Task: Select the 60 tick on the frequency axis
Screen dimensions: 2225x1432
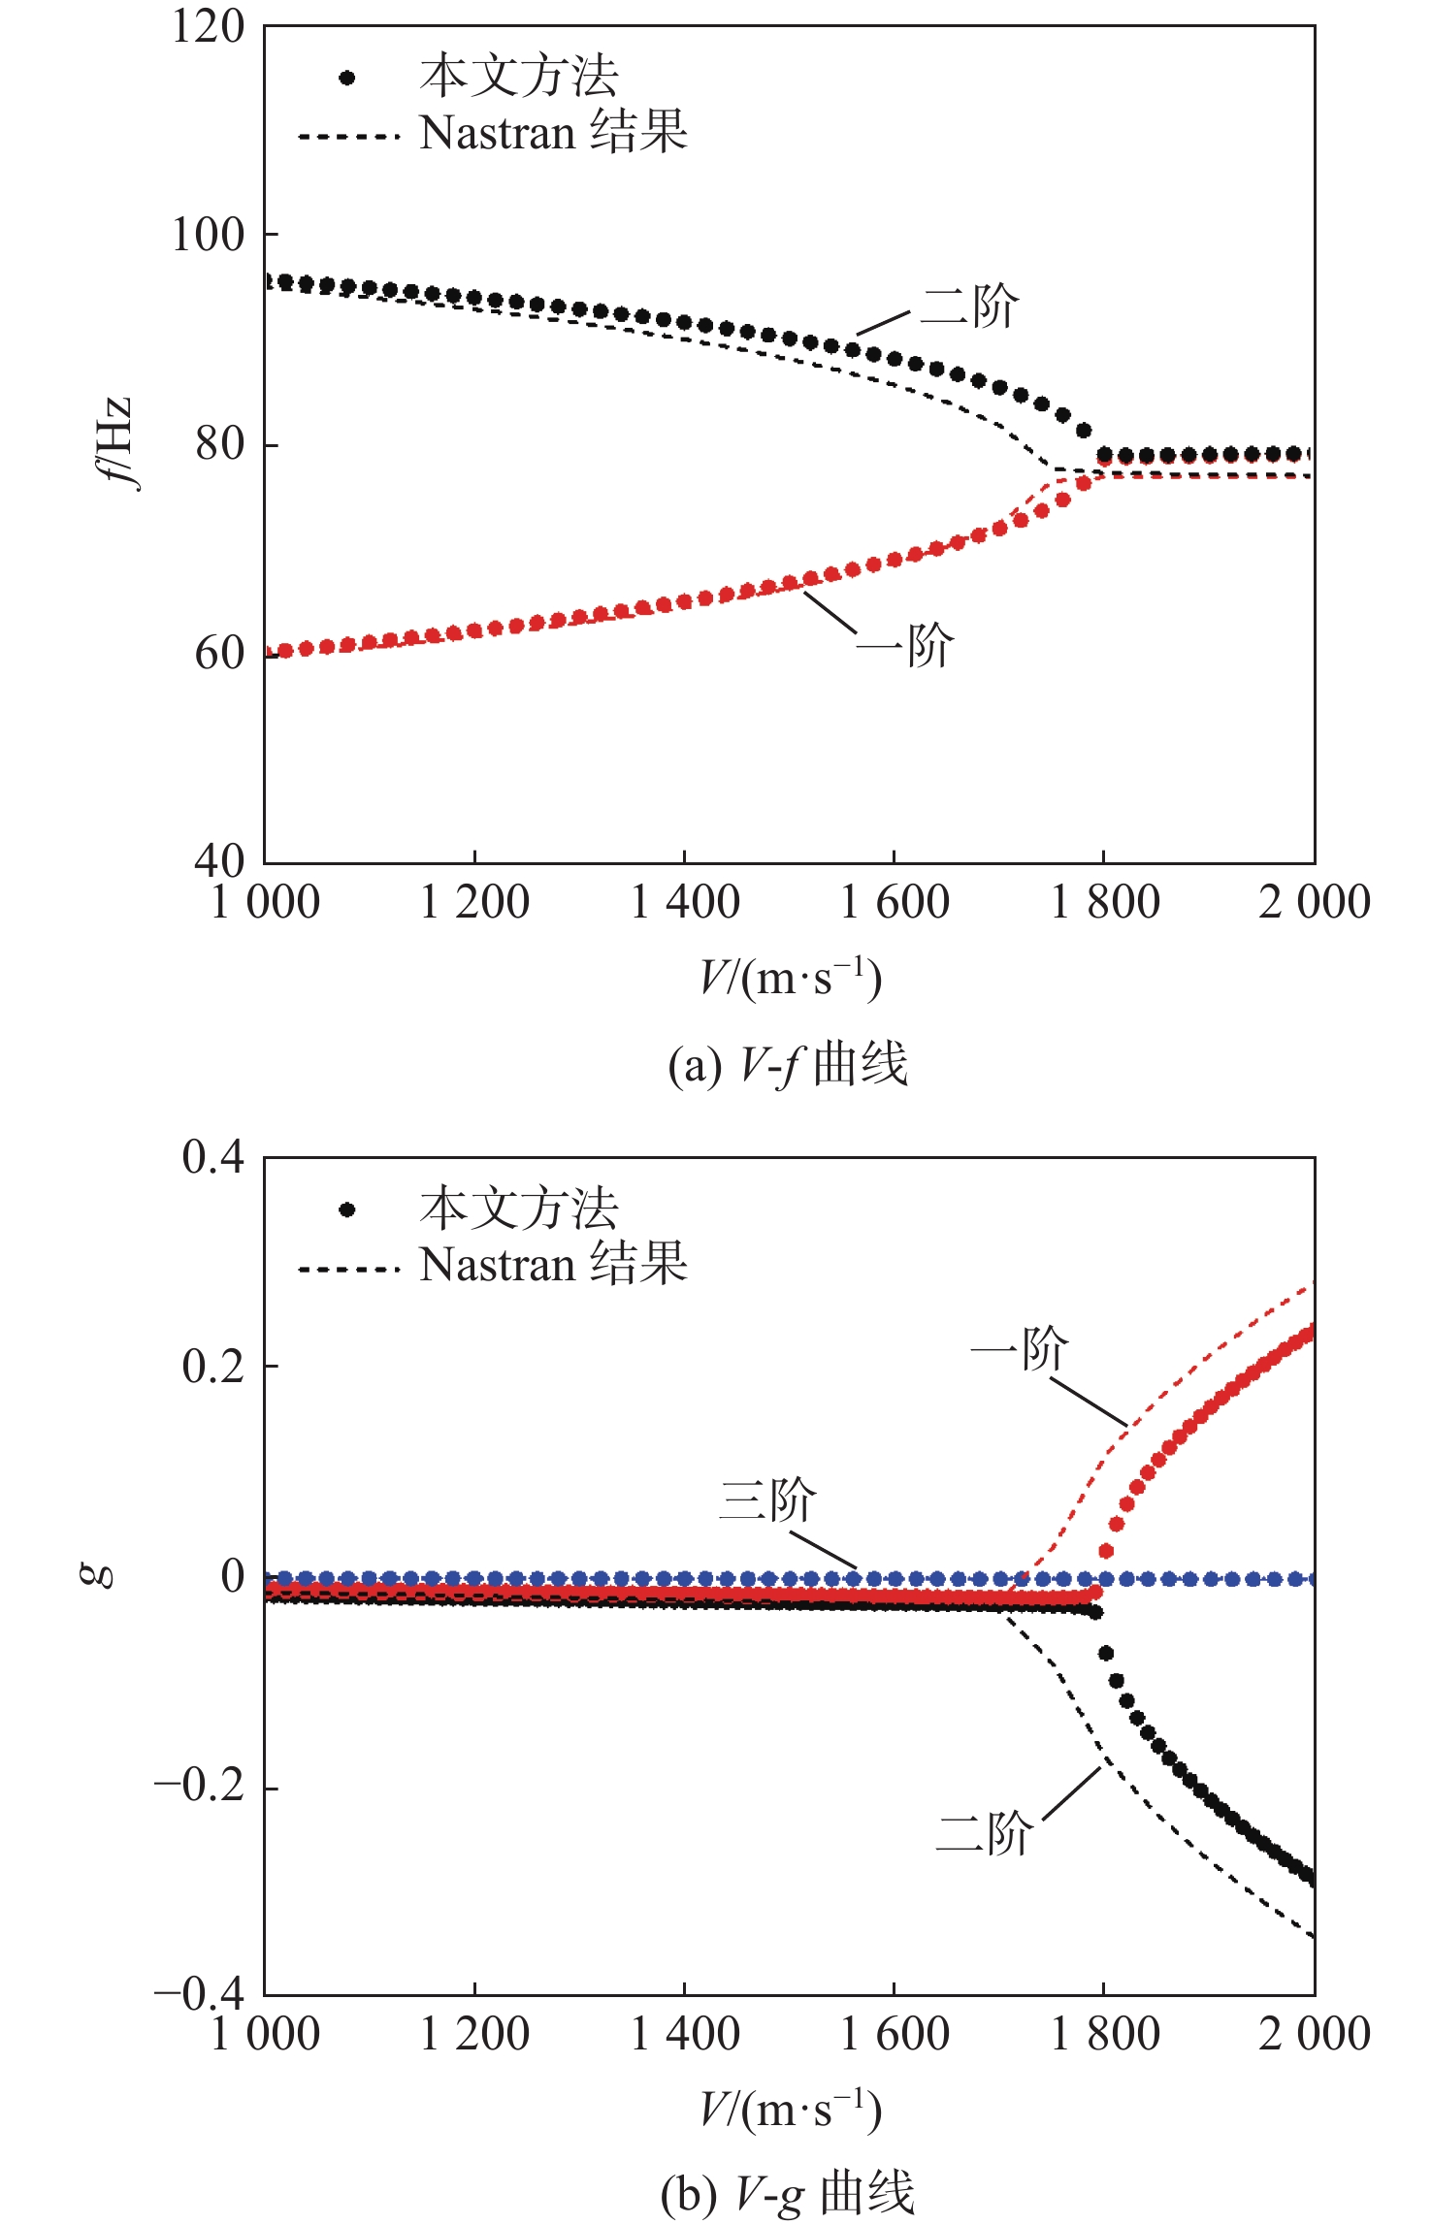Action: coord(219,654)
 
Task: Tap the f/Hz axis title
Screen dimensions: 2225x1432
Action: coord(115,443)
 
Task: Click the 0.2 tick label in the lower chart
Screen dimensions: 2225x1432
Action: coord(213,1367)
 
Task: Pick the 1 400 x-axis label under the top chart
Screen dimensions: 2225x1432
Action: coord(685,903)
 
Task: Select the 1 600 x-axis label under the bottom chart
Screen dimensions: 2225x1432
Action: coord(895,2035)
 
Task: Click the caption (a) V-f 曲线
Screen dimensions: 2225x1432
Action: coord(788,1064)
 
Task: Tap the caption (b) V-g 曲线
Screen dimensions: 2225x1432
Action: coord(788,2194)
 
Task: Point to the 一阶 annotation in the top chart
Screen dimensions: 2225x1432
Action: coord(905,645)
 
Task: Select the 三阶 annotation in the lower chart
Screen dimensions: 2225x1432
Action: coord(767,1500)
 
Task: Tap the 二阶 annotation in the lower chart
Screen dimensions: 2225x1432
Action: coord(984,1833)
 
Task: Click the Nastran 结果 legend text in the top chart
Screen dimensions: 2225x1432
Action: coord(553,133)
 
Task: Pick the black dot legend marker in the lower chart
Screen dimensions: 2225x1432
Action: coord(347,1209)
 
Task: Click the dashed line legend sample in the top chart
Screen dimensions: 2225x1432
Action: coord(348,137)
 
